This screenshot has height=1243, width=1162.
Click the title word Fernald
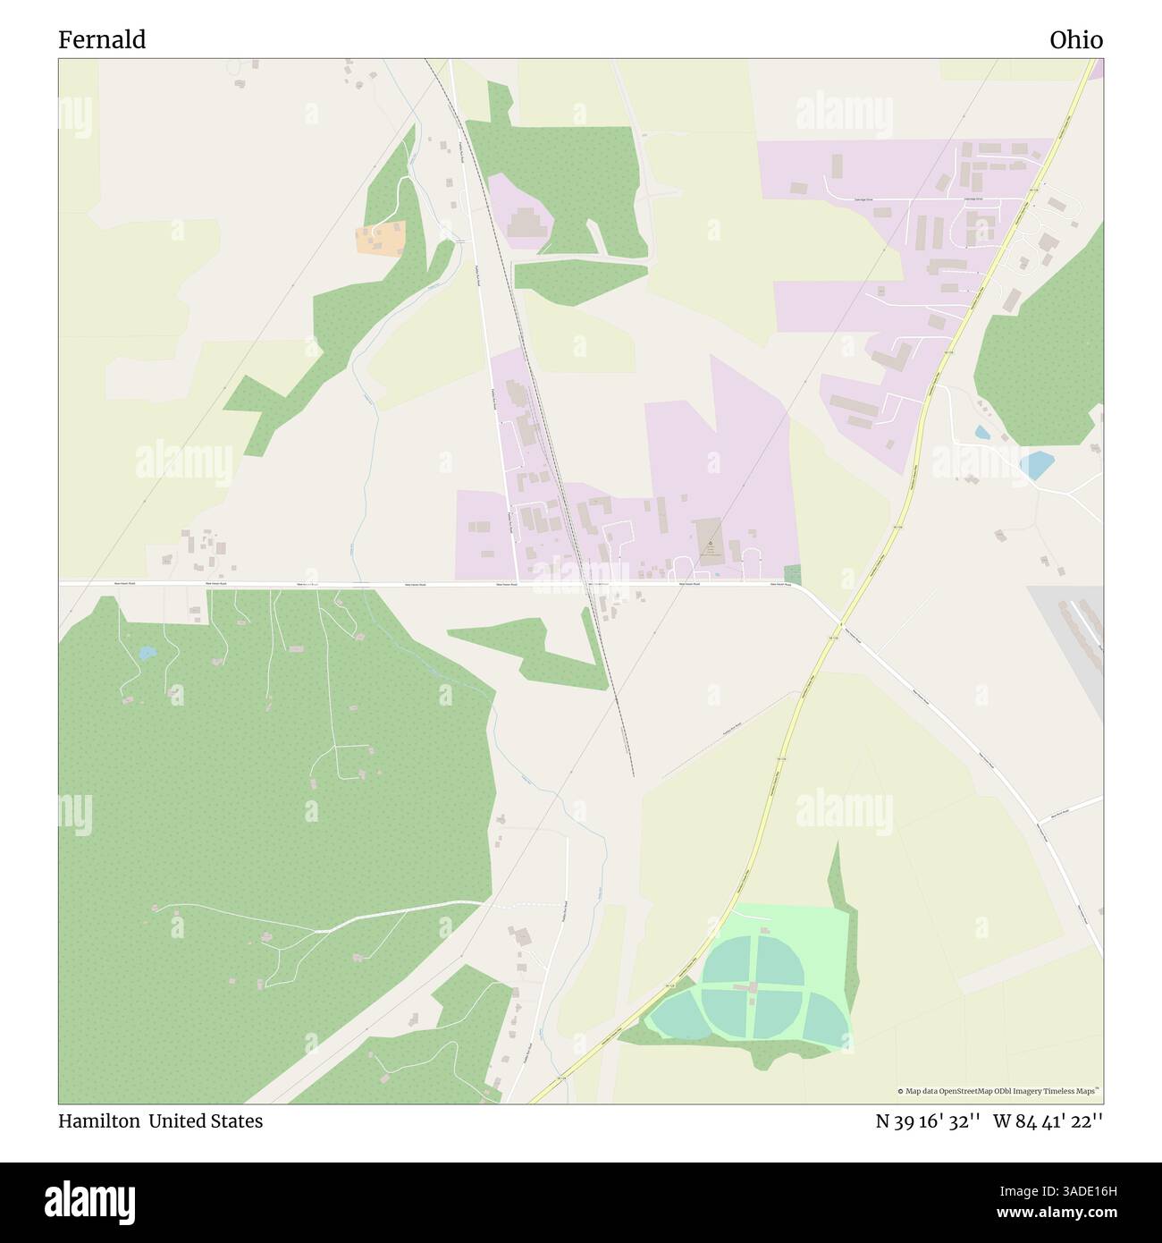(102, 40)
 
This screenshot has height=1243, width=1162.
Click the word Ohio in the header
(1075, 40)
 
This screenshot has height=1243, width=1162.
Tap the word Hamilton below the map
(98, 1120)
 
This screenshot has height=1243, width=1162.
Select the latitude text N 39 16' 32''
(928, 1121)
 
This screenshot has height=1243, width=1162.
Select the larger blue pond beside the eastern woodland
(1038, 464)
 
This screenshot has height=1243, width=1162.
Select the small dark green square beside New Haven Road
(792, 574)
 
